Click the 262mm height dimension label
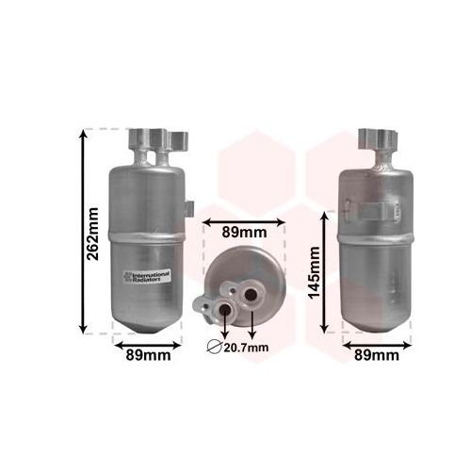coord(93,234)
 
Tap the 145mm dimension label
coord(314,272)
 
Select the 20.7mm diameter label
coord(246,348)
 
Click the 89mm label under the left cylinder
coord(148,355)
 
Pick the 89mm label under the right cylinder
coord(377,355)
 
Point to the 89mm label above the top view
coord(244,233)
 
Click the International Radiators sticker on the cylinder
coord(147,276)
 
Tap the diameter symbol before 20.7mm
coord(215,348)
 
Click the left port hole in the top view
coord(225,311)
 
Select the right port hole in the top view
coord(251,295)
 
